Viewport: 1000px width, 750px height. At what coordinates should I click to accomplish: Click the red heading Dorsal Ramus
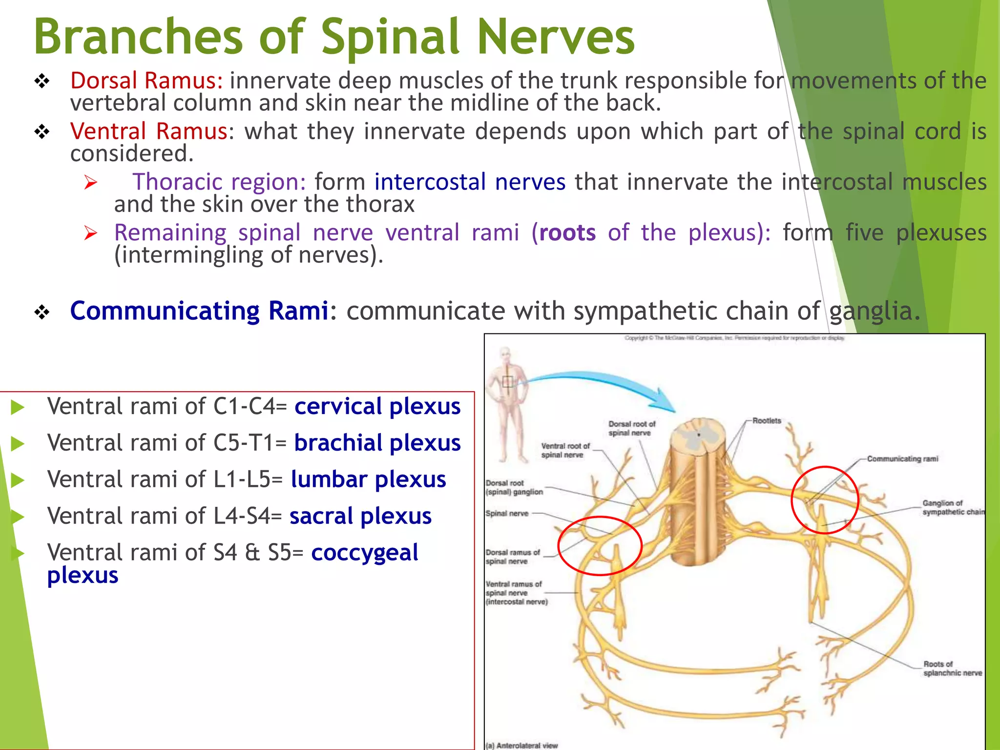tap(146, 81)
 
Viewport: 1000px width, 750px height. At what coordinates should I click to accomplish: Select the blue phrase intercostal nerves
tap(470, 182)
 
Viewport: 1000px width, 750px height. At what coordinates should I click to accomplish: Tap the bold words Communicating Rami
tap(199, 311)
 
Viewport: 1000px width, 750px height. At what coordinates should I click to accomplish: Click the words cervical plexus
tap(377, 406)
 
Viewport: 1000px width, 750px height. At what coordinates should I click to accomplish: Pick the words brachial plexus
tap(377, 443)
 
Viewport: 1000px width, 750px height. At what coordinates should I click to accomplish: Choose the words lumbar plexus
tap(368, 479)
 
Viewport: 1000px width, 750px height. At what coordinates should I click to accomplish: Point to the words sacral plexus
tap(360, 516)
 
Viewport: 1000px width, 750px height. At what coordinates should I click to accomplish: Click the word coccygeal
tap(364, 553)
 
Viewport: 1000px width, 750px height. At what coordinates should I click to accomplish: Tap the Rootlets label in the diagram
tap(767, 420)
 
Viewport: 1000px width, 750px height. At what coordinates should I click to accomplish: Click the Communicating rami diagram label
tap(902, 459)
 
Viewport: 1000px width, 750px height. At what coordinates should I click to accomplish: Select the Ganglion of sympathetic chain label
tap(952, 507)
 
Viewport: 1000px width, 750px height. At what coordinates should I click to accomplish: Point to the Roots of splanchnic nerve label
tap(952, 668)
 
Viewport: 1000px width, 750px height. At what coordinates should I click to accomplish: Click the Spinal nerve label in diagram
tap(507, 513)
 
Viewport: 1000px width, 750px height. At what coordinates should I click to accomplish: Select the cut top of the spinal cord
tap(698, 432)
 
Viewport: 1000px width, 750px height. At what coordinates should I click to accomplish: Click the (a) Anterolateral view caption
tap(521, 745)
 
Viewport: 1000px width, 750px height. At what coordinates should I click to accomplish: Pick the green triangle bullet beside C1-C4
tap(18, 407)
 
